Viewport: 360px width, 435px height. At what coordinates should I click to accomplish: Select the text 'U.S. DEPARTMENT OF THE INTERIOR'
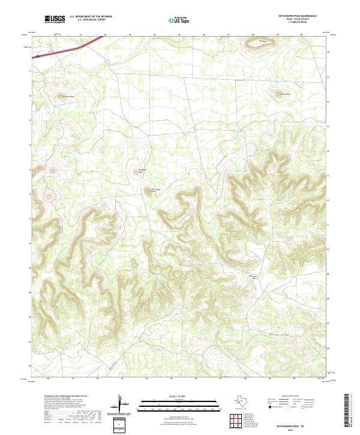91,17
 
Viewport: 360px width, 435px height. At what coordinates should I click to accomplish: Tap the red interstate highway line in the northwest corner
66,47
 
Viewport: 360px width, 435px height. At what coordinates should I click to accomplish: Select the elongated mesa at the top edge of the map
262,41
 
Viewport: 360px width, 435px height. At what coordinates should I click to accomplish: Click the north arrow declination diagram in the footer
119,405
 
